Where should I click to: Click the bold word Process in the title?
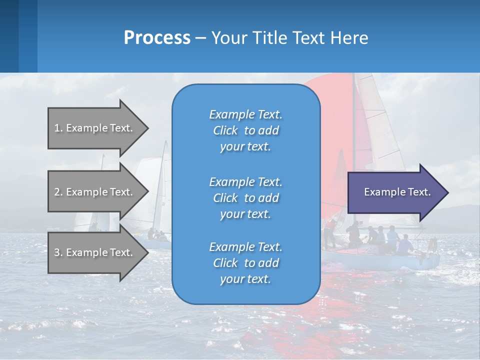[x=157, y=38]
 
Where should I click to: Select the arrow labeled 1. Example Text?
[x=95, y=128]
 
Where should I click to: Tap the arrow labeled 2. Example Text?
[x=95, y=192]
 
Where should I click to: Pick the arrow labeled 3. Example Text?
[x=95, y=252]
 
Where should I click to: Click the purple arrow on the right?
[x=395, y=192]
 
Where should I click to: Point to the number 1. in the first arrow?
[x=58, y=128]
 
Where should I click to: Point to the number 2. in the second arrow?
[x=58, y=192]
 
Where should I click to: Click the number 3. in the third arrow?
[x=58, y=252]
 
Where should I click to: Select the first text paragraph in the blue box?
[x=245, y=130]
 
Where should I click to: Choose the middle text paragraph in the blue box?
[x=245, y=198]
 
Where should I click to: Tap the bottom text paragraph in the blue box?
[x=245, y=263]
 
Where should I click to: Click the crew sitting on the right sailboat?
[x=385, y=237]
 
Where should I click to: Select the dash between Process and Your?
[x=200, y=38]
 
